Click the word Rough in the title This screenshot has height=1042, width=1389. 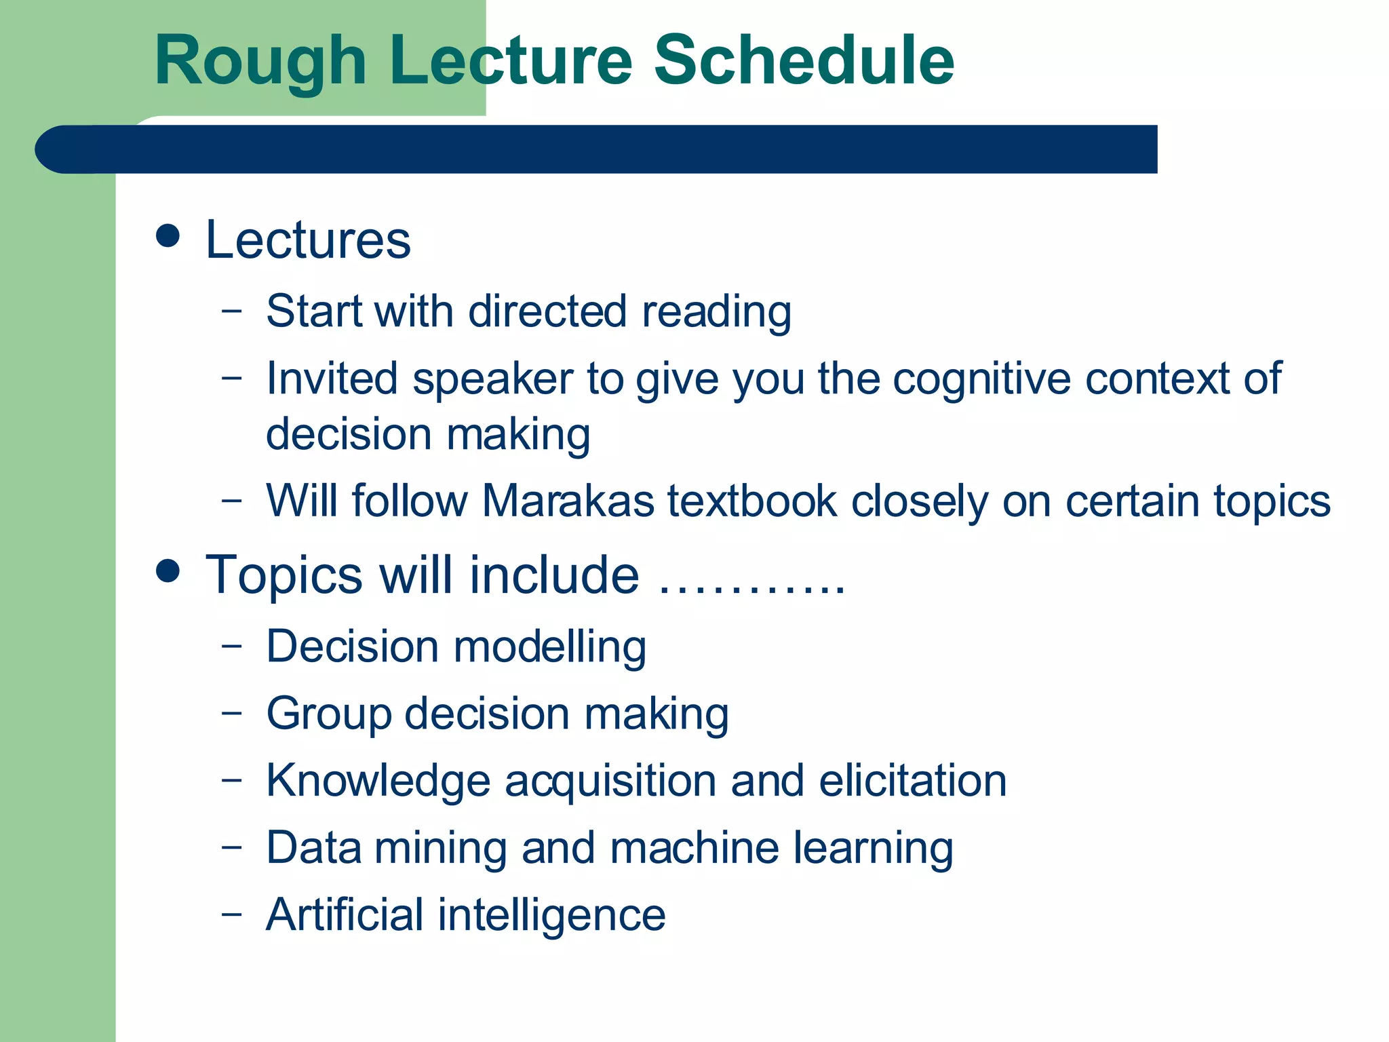[260, 62]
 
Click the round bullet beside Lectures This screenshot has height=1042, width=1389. [168, 236]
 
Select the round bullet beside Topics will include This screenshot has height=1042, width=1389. [168, 571]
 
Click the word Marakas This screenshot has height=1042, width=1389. [568, 501]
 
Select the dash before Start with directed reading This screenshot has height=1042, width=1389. [231, 310]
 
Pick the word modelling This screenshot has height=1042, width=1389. [549, 647]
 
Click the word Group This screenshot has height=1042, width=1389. [328, 714]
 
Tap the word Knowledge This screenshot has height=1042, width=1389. [378, 781]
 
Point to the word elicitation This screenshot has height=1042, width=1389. [912, 780]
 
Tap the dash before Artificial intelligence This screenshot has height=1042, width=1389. [231, 913]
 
